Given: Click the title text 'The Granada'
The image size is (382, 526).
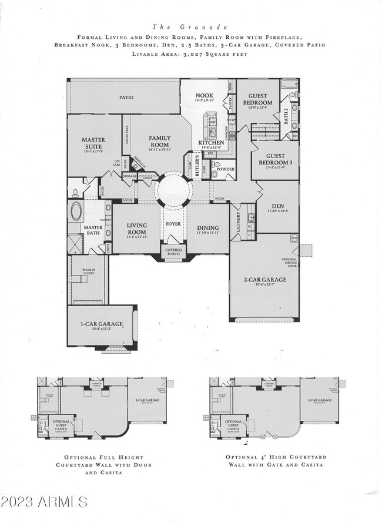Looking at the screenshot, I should [191, 26].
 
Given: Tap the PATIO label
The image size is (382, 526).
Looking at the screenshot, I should [126, 98].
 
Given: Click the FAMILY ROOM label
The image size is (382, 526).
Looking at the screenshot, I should [159, 141].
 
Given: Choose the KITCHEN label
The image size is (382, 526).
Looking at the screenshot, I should [210, 143].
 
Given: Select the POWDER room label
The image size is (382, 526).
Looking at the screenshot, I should [225, 169].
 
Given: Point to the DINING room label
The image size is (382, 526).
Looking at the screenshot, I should [208, 228].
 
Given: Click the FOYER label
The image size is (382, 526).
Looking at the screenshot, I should [173, 223].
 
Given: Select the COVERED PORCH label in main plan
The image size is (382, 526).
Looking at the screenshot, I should [173, 252].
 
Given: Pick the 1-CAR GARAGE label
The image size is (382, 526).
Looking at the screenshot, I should [102, 324].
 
